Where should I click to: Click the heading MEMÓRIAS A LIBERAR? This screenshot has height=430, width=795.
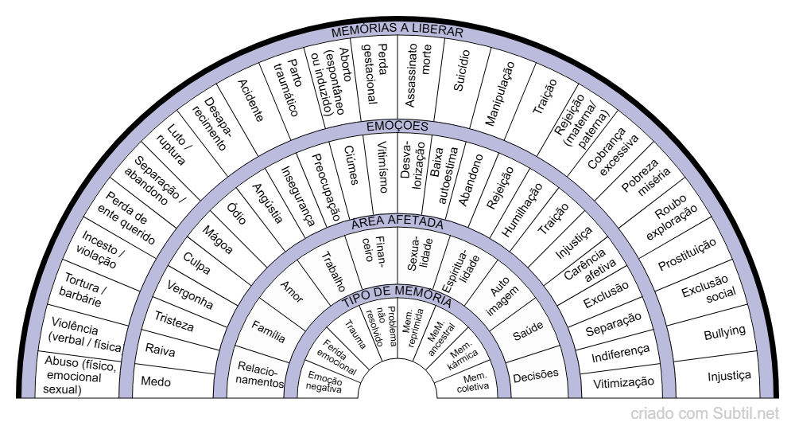tap(397, 31)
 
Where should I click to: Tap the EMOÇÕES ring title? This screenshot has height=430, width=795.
tap(397, 126)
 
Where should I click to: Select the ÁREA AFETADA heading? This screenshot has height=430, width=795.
tap(397, 222)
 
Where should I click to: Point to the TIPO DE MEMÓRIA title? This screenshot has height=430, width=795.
tap(397, 301)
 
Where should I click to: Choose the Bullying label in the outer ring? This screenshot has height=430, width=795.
tap(724, 331)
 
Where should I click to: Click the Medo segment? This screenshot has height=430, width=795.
tap(156, 382)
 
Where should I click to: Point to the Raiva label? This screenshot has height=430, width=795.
tap(161, 349)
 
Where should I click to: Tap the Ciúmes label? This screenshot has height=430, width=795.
tap(350, 164)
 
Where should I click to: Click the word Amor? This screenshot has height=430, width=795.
tap(293, 294)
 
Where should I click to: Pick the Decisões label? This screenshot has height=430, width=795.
tap(536, 373)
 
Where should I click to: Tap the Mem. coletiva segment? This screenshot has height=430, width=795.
tap(474, 382)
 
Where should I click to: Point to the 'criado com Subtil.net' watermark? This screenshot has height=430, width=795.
tap(705, 414)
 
